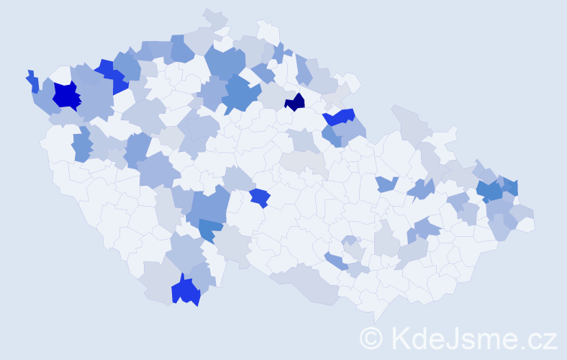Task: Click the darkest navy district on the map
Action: (x=295, y=102)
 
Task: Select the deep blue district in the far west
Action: (x=66, y=95)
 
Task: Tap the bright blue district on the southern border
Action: (x=185, y=291)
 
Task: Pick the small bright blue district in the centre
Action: (x=260, y=197)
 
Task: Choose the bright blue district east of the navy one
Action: (x=340, y=116)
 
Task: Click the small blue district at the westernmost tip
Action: (x=32, y=81)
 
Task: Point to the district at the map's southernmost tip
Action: (x=378, y=317)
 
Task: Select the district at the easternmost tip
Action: (x=529, y=224)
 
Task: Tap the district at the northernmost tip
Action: (x=214, y=15)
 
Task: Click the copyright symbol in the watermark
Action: (x=371, y=337)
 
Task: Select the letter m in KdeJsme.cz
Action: (x=486, y=339)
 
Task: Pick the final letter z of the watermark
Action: (x=550, y=339)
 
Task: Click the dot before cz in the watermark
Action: (x=523, y=346)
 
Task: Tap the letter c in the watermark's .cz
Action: (x=535, y=339)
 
